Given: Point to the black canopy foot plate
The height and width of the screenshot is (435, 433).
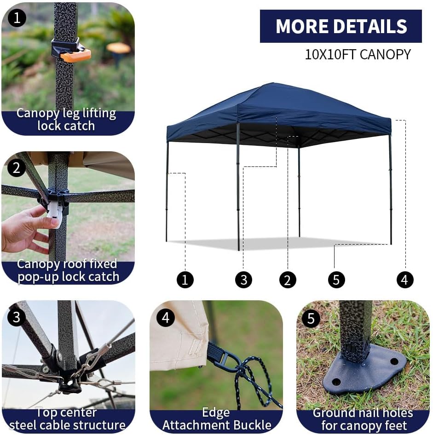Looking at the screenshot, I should tap(364, 372).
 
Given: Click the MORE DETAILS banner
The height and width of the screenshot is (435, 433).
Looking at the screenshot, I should tap(341, 26).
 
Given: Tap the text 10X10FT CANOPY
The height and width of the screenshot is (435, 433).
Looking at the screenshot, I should tap(358, 54).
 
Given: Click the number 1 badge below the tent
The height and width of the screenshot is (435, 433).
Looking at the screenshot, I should tap(185, 280).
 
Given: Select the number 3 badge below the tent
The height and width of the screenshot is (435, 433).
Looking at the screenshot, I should tap(243, 280).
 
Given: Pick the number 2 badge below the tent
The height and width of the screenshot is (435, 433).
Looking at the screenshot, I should tap(288, 280).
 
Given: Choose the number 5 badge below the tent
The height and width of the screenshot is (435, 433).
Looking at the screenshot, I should tap(336, 280).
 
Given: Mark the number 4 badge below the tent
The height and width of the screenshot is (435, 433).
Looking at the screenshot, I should tap(405, 280).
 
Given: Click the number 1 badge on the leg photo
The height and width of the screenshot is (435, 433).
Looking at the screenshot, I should tap(17, 19).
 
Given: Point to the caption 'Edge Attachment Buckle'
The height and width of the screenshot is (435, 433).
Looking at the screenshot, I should tap(215, 419).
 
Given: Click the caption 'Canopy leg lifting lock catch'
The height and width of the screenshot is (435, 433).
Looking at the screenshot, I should tap(66, 120).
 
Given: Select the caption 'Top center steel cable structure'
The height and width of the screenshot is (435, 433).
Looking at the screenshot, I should tap(67, 419).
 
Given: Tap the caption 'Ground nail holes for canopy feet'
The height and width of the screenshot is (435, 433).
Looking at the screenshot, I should tap(363, 419).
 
